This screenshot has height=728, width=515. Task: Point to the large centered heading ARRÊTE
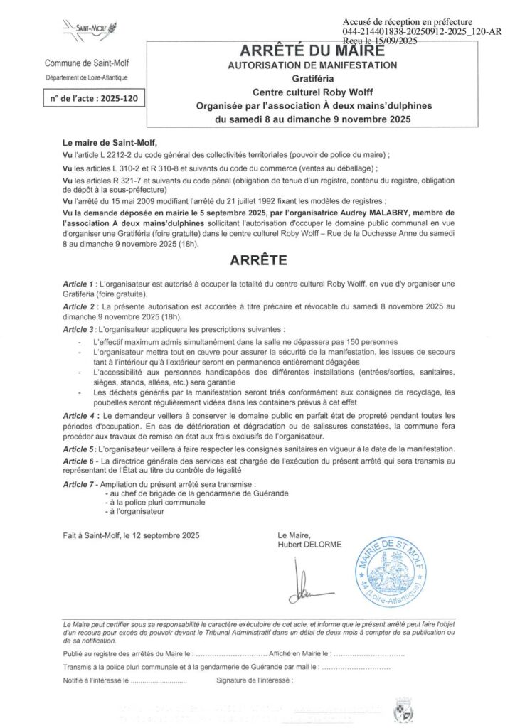tap(258, 260)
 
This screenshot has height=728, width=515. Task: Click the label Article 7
tap(79, 484)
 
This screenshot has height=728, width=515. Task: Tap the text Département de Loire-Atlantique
tap(87, 77)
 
